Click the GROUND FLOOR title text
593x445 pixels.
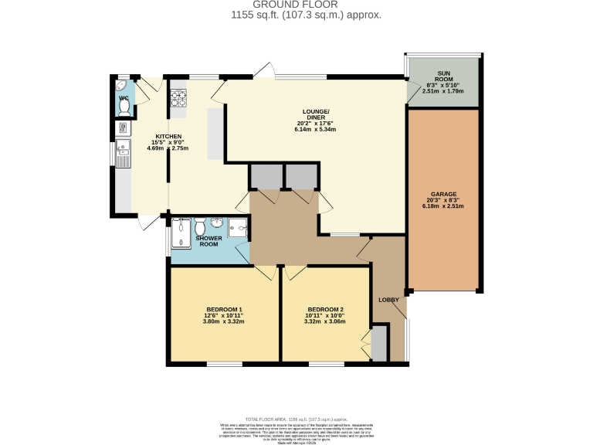[x=296, y=5]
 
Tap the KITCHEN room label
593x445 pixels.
[x=168, y=136]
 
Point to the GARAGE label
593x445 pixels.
[x=444, y=194]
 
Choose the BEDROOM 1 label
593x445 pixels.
[x=224, y=309]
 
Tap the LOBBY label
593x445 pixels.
[x=388, y=300]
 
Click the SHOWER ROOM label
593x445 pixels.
[x=209, y=241]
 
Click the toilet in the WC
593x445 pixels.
[x=124, y=108]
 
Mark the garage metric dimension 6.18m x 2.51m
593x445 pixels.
[x=444, y=206]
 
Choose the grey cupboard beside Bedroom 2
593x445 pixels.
[x=379, y=343]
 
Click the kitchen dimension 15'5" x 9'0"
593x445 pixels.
[x=168, y=142]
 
